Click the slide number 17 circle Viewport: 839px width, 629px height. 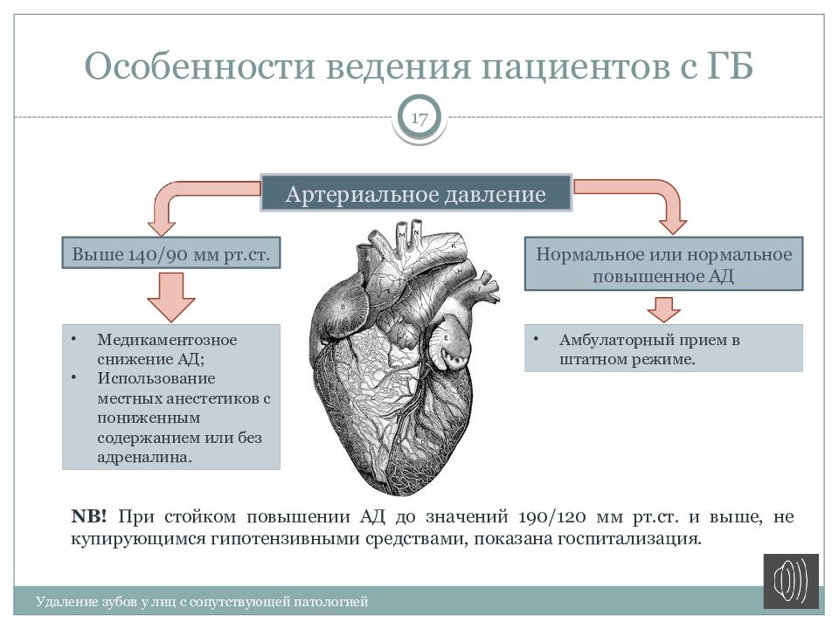point(419,118)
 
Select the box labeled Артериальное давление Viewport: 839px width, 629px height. point(416,194)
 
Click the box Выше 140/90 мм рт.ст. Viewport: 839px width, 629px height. point(170,254)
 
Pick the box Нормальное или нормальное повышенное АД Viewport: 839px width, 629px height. point(663,265)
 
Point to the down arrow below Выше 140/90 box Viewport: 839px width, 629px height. point(170,297)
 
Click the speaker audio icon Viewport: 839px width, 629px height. point(791,581)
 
